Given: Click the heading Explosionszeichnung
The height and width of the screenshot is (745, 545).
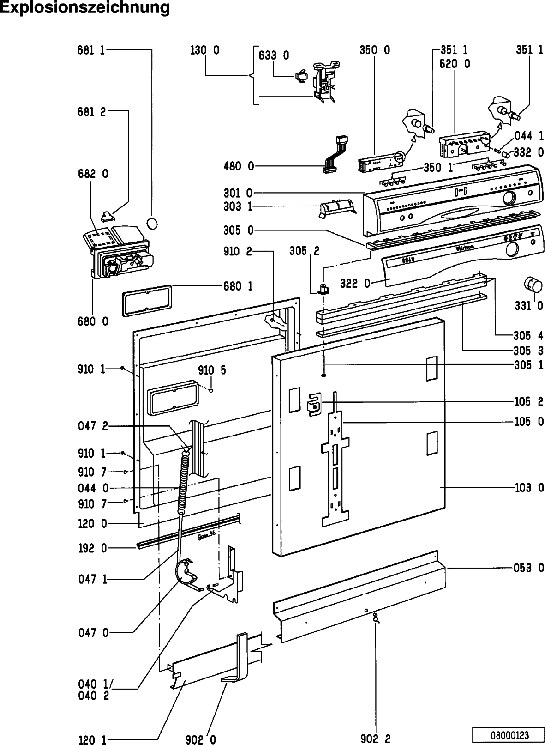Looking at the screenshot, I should [x=85, y=8].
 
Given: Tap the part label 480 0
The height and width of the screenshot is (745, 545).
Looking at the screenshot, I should [x=239, y=166].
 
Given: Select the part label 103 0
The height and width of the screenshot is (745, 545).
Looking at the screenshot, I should [x=529, y=488].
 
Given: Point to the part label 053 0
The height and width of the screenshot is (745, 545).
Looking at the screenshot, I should [x=529, y=568].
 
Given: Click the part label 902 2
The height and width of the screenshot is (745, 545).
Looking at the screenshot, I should [x=376, y=739].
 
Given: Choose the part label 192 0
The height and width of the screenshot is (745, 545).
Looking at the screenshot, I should [x=93, y=548].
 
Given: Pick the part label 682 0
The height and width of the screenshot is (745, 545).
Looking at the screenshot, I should [x=93, y=174].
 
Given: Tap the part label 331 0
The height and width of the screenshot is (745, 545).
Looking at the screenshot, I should [x=529, y=305].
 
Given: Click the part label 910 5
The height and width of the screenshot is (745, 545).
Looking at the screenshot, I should [x=212, y=370].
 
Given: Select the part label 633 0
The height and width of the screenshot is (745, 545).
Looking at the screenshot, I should [x=274, y=55].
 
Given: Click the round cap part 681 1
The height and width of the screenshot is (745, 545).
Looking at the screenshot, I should [x=152, y=223].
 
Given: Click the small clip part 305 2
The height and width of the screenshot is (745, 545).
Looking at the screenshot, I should [x=324, y=290].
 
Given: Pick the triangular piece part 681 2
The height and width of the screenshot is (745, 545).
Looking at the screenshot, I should [x=109, y=214].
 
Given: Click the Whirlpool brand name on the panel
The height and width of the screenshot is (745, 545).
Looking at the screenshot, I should [x=466, y=248].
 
